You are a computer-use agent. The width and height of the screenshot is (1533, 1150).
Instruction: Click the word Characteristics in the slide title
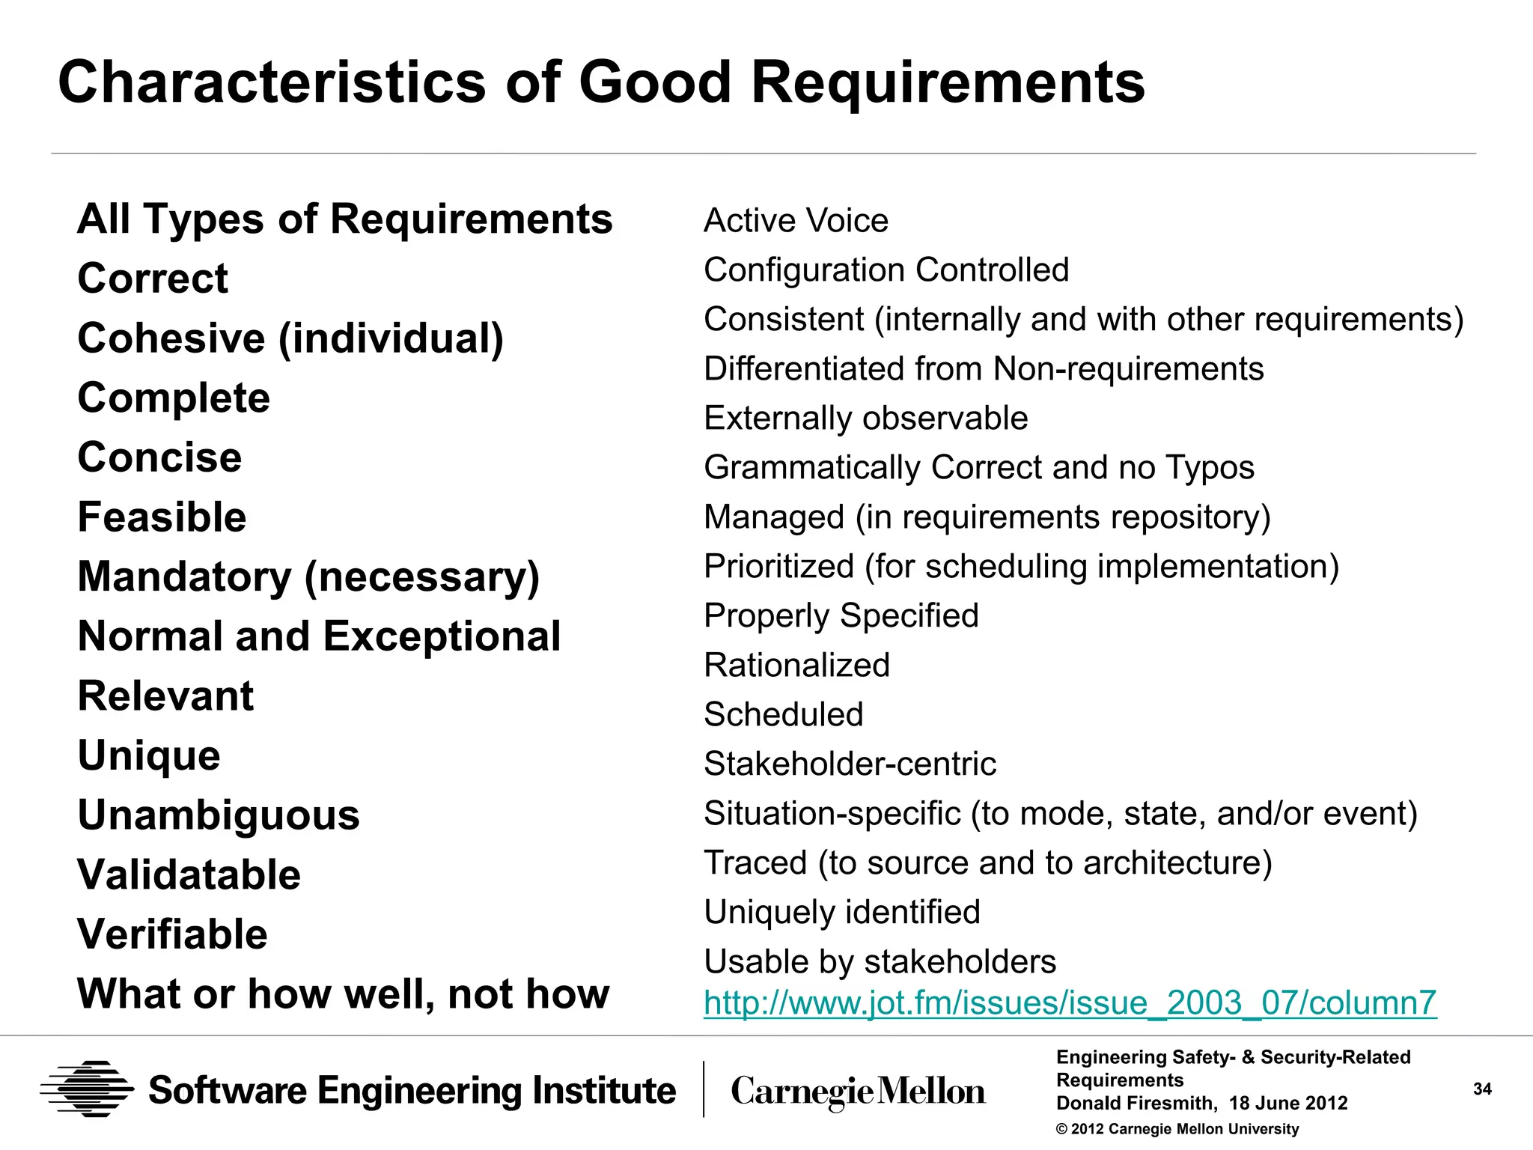click(272, 82)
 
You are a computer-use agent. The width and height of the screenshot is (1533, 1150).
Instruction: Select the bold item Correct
click(153, 279)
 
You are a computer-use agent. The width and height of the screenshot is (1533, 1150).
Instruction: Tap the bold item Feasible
click(162, 517)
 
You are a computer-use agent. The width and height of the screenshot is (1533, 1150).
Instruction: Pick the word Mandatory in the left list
click(184, 576)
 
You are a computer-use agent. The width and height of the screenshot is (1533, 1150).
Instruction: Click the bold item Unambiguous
click(219, 815)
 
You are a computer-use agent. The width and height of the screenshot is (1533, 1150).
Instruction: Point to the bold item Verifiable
click(172, 934)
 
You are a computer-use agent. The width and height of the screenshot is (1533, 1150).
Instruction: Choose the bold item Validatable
click(189, 874)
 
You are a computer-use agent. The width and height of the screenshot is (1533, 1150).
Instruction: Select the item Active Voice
click(796, 221)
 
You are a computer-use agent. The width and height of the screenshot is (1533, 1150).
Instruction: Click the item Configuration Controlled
click(886, 270)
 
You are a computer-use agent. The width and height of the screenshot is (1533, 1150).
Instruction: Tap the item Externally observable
click(866, 419)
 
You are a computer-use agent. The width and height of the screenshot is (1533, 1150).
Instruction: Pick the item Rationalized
click(796, 666)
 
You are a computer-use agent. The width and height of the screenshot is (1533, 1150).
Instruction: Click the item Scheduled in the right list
click(783, 715)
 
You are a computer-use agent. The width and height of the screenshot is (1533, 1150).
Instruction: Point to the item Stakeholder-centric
click(850, 764)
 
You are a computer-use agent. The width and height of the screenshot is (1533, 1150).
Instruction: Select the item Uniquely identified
click(841, 913)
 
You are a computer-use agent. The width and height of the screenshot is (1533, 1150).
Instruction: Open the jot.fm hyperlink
click(1070, 1003)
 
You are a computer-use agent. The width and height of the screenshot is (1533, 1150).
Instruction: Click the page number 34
click(1482, 1089)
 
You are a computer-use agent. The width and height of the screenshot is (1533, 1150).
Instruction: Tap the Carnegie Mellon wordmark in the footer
click(858, 1092)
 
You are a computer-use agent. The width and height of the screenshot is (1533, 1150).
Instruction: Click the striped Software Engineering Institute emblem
click(87, 1089)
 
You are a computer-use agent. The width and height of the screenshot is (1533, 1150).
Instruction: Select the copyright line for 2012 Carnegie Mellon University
click(1177, 1129)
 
